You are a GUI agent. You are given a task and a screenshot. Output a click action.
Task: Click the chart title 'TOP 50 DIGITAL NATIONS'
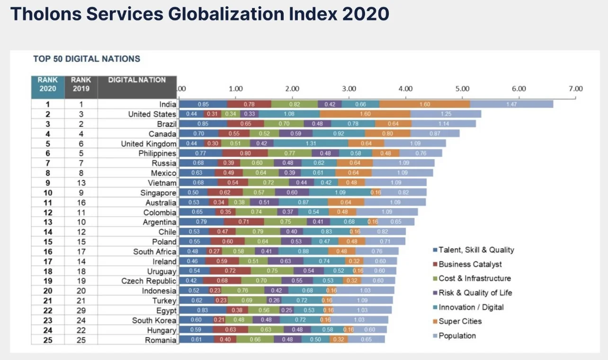(87, 59)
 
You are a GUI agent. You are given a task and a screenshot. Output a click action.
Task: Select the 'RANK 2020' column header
(47, 84)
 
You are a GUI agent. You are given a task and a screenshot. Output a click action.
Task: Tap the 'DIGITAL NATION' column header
(137, 80)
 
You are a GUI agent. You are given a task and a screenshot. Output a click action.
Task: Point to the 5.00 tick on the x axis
(462, 89)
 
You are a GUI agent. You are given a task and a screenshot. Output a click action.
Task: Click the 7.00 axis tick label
(575, 89)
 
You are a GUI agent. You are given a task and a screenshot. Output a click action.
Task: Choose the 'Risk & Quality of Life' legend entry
(475, 293)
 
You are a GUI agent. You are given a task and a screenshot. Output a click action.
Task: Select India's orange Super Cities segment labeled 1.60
(425, 104)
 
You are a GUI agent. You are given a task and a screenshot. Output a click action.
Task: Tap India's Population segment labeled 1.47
(511, 104)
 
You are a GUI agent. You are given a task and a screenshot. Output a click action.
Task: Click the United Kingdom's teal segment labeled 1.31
(311, 144)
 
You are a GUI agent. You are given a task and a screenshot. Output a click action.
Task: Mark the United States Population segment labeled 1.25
(446, 114)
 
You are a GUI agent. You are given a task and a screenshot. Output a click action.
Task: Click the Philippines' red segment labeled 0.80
(245, 153)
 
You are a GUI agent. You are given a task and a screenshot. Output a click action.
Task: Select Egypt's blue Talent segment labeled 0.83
(203, 310)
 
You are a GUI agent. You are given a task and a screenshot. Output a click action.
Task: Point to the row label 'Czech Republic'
(149, 281)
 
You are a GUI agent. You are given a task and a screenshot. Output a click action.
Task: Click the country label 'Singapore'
(158, 193)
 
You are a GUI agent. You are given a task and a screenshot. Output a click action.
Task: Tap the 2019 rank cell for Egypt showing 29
(80, 310)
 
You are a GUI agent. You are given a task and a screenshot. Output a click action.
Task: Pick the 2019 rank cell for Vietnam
(80, 183)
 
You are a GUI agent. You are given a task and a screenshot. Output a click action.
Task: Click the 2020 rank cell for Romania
(47, 340)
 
